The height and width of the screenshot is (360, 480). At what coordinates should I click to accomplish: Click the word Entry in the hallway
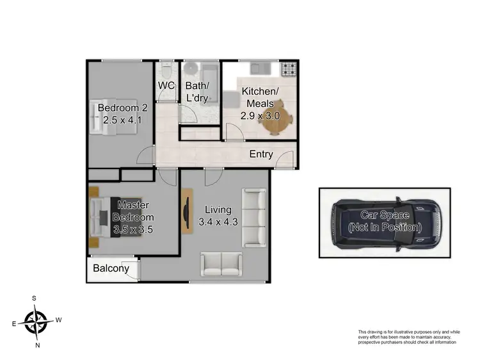click(x=261, y=154)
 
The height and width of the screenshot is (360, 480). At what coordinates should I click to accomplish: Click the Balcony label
click(x=111, y=269)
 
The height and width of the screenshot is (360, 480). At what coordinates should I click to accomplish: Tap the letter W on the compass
click(x=59, y=319)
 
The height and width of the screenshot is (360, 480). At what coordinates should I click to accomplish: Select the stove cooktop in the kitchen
click(x=289, y=67)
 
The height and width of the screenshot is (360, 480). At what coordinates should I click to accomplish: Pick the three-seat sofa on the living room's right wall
click(x=254, y=217)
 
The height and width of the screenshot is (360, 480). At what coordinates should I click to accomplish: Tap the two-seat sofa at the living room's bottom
click(x=221, y=263)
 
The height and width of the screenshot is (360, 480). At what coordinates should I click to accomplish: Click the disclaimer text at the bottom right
click(x=408, y=336)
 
